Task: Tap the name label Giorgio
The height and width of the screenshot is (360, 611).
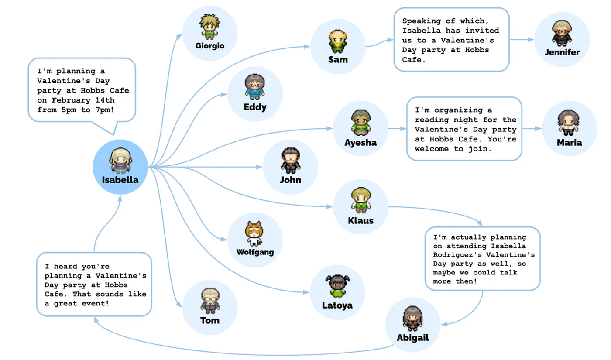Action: point(210,45)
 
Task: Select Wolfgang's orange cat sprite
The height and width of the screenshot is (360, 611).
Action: point(255,234)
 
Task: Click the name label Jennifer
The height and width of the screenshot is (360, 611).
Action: point(562,52)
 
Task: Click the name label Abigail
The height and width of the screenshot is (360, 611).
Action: point(413,338)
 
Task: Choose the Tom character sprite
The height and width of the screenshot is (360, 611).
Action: point(210,301)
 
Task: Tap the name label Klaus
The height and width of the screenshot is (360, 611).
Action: point(360,220)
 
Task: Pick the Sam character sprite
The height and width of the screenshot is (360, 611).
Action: point(338,41)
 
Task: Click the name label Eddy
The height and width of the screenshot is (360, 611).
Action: point(255,107)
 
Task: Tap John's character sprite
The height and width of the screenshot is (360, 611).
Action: point(290,161)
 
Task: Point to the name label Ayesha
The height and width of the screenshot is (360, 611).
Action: point(360,143)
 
